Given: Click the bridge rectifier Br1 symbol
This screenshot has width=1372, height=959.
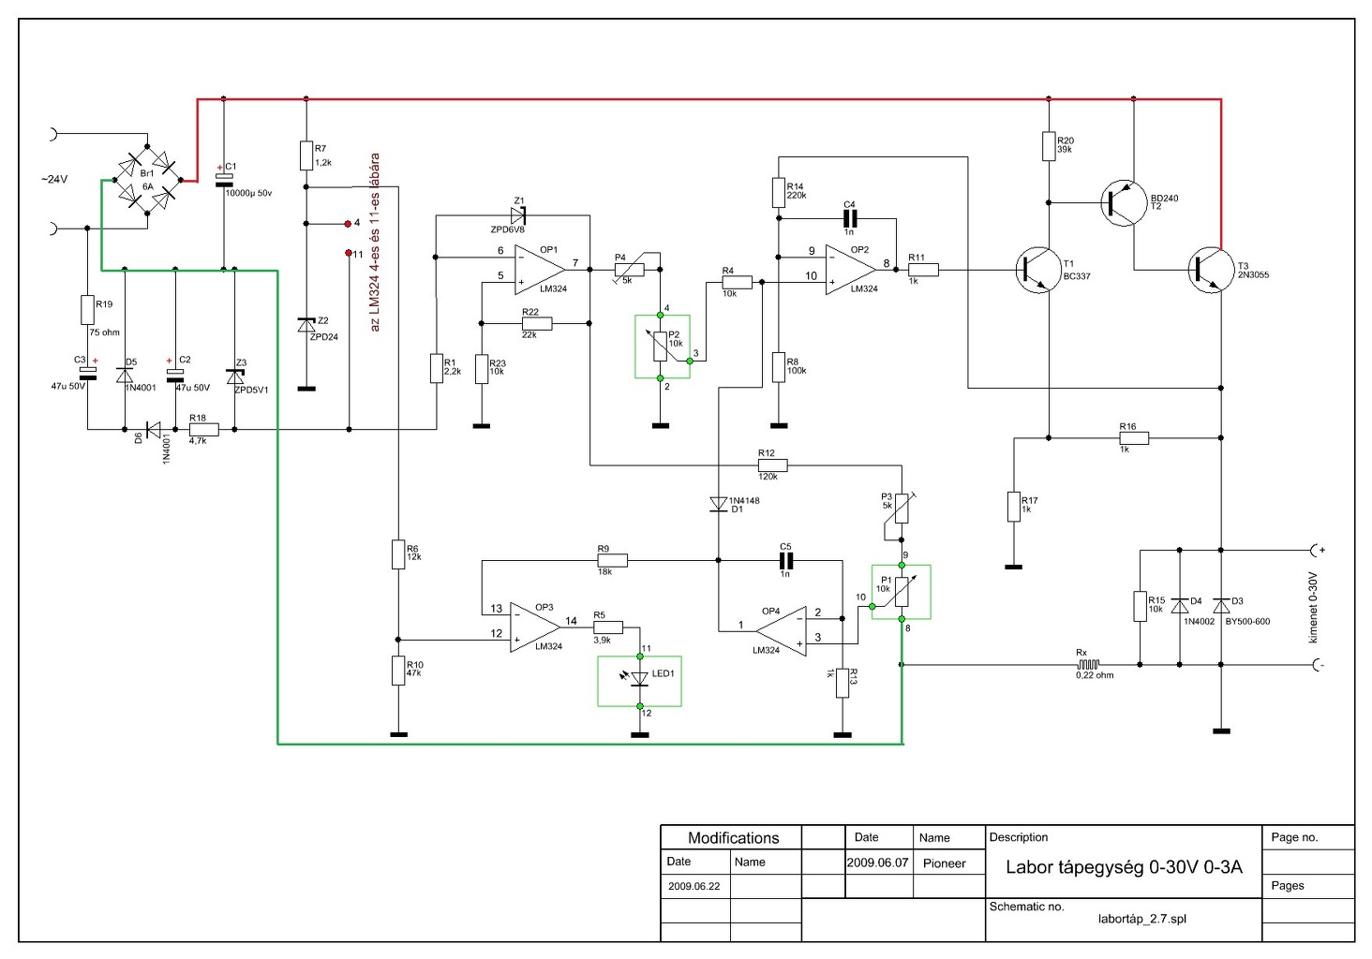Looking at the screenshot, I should coord(147,180).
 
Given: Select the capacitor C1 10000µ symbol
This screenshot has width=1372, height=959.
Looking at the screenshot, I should coord(224,180).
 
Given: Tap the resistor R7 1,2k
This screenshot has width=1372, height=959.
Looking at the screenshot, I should coord(306,155).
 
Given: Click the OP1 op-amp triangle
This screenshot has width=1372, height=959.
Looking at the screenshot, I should coord(540,270).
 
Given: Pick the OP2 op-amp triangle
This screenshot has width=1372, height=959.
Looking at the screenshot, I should coord(850,270).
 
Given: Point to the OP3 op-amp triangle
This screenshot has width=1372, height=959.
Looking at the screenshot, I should coord(535,627).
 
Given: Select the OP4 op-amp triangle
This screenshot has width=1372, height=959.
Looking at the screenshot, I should coord(782,631).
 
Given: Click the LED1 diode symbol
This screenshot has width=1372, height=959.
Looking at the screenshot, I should coord(640,678).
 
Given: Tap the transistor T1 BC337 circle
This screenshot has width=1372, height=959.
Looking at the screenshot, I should coord(1037,271).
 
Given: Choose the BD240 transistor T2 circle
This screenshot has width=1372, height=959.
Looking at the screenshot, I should coord(1123,202).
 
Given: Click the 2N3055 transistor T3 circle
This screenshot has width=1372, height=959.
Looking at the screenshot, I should coord(1210,271).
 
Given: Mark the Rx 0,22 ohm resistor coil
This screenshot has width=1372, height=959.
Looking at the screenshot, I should coord(1088,665).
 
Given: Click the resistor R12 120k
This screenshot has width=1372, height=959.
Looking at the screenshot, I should coord(772,465).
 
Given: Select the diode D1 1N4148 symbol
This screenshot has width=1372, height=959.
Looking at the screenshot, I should coord(719,504).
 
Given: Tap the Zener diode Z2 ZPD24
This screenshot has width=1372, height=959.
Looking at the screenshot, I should coord(306,325).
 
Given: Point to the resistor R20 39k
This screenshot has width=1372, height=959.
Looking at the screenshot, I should coord(1049,147).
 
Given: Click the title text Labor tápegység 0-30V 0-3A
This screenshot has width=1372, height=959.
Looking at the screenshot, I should coord(1124,867).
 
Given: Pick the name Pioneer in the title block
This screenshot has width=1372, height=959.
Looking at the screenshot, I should coord(944,863).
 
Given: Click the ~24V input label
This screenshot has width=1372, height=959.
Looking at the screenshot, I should coord(54,179).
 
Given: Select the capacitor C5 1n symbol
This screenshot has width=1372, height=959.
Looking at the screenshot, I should coord(786,560).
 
